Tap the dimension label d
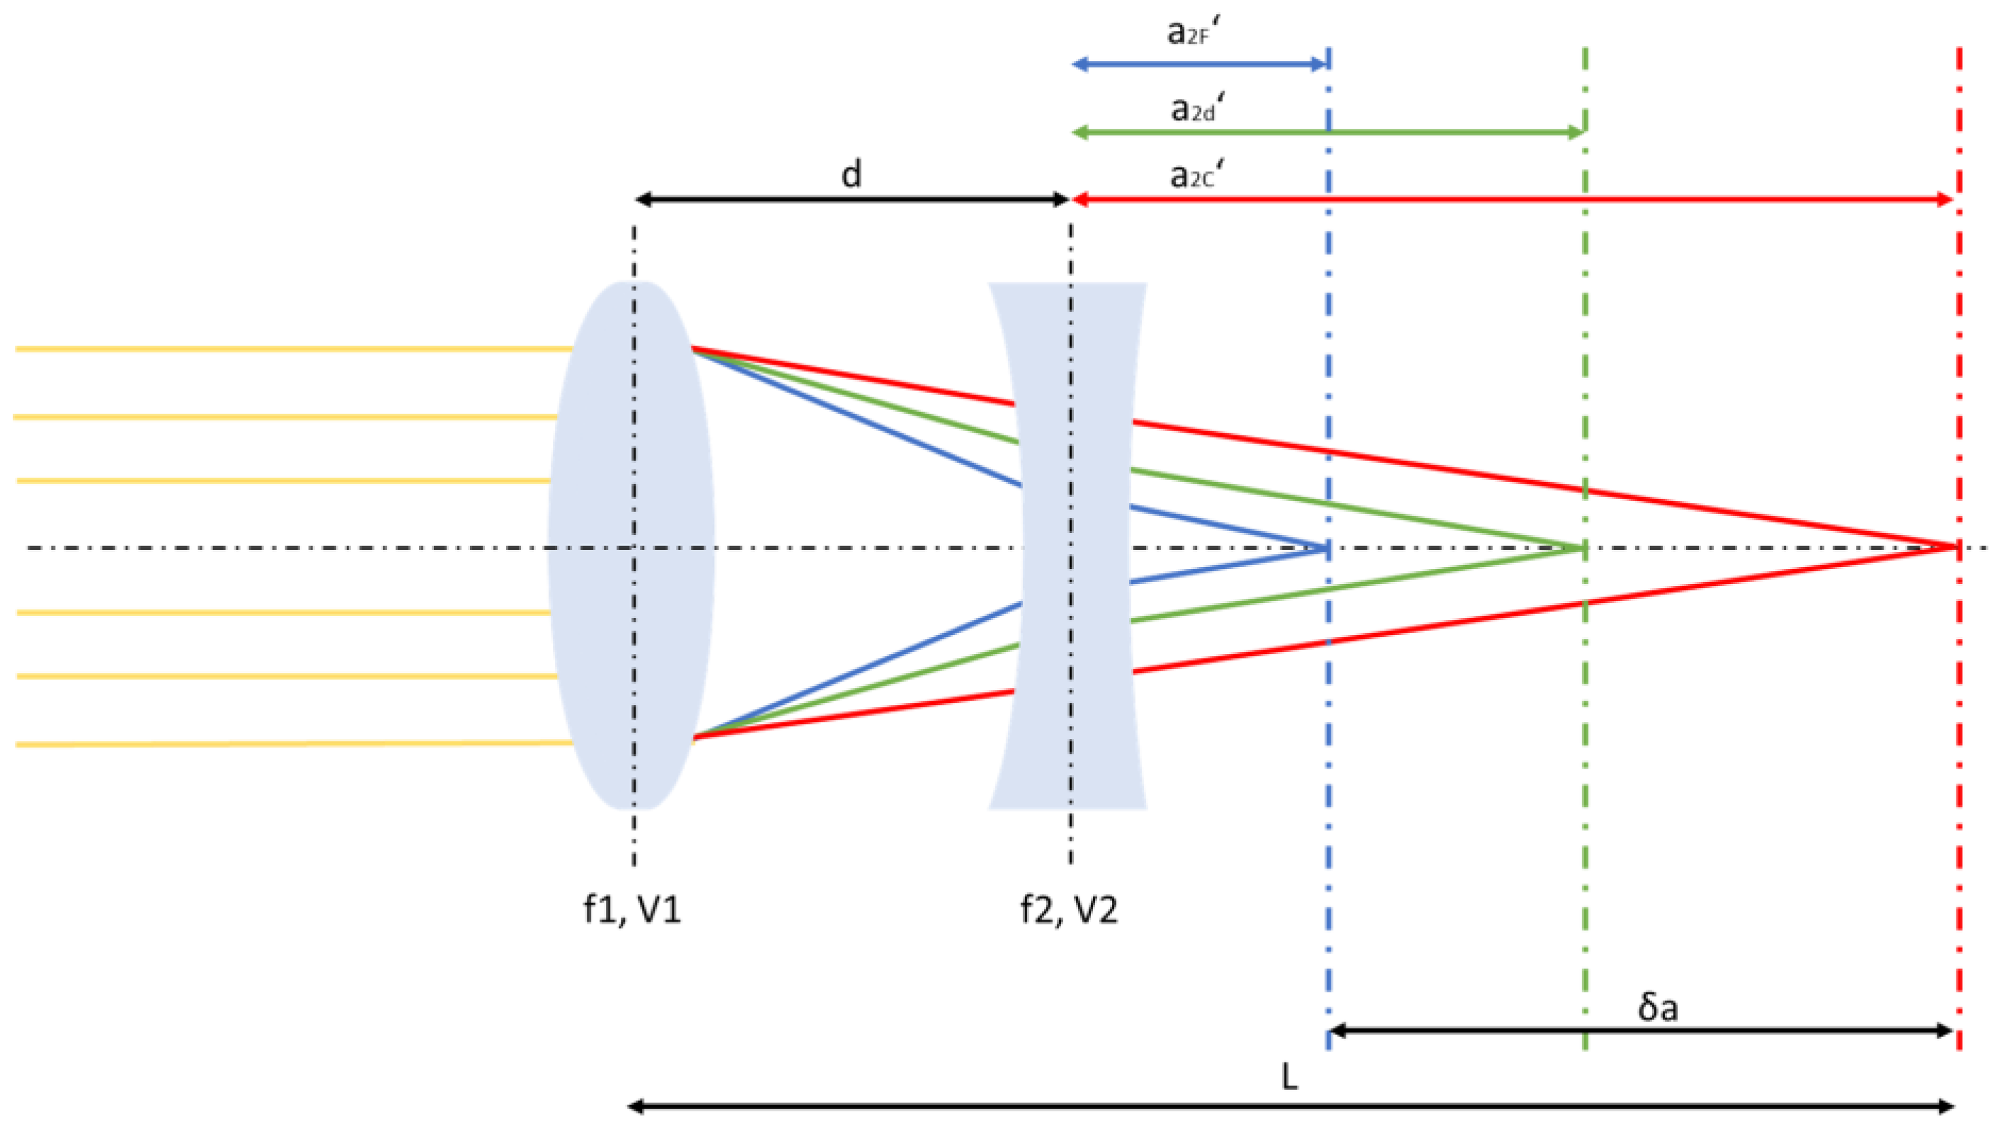point(852,176)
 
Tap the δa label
point(1658,1007)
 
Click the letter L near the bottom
point(1289,1077)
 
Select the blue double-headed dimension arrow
point(1199,64)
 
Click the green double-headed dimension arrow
point(1327,132)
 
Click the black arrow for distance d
point(852,200)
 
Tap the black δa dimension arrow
point(1642,1031)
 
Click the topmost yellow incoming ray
point(295,349)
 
